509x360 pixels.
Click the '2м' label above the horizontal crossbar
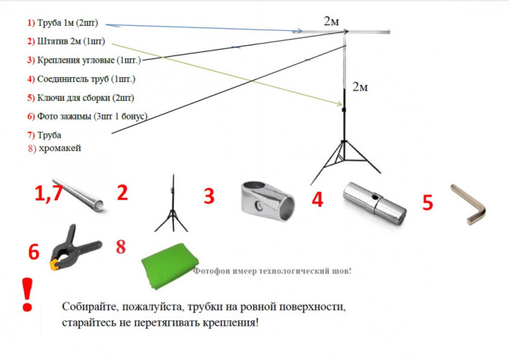(331, 21)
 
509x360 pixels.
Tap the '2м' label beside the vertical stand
(360, 87)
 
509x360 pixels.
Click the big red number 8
(120, 246)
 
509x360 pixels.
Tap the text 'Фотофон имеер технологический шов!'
(273, 271)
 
